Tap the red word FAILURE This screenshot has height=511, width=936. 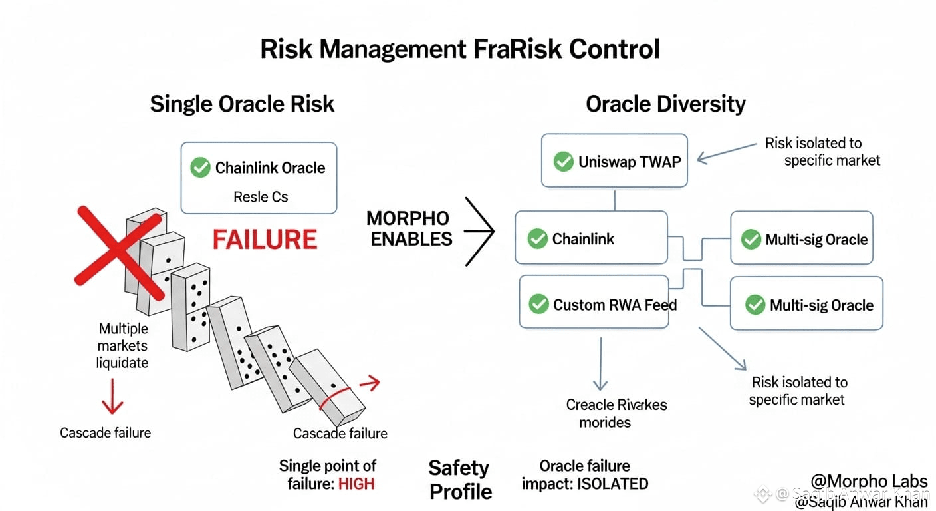coord(265,239)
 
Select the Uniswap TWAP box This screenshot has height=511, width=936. coord(614,161)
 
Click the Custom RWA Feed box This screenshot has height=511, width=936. coord(593,305)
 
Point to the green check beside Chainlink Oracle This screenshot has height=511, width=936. coord(200,167)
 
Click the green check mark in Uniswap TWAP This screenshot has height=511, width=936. coord(564,161)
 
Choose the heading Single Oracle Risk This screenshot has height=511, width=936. coord(242,104)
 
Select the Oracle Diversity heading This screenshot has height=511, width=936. coord(665,104)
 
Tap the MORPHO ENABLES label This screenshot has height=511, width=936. coord(408,228)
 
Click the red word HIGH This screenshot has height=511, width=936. coord(356,484)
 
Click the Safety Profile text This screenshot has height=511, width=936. coord(459,480)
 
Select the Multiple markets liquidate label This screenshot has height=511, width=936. coord(122,345)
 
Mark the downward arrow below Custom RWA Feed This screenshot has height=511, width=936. coord(600,363)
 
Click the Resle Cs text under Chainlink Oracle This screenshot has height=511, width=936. coord(261,197)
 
